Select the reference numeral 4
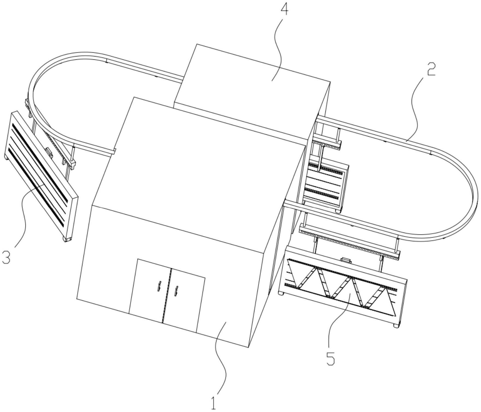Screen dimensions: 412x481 (x=284, y=10)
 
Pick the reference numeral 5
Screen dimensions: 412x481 (x=330, y=359)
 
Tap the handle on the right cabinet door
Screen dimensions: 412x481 (x=176, y=291)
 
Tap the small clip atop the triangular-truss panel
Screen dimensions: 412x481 (x=346, y=260)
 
